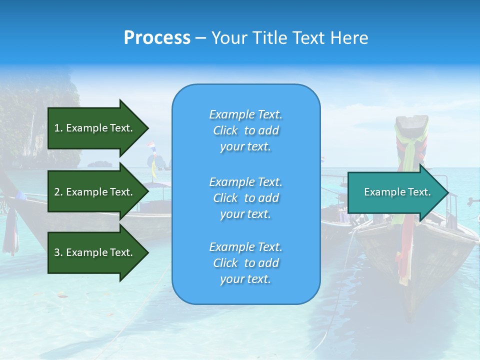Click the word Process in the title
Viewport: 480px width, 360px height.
(157, 38)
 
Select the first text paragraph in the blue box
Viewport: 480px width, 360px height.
(245, 130)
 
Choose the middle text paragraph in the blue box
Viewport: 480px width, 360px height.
(245, 198)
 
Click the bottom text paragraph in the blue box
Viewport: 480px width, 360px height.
(245, 263)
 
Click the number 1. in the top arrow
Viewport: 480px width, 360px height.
(58, 128)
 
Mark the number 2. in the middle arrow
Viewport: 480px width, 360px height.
(58, 192)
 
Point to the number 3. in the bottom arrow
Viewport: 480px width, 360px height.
(58, 252)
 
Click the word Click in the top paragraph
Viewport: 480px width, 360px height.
(225, 130)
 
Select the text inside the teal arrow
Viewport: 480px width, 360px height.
(397, 192)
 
